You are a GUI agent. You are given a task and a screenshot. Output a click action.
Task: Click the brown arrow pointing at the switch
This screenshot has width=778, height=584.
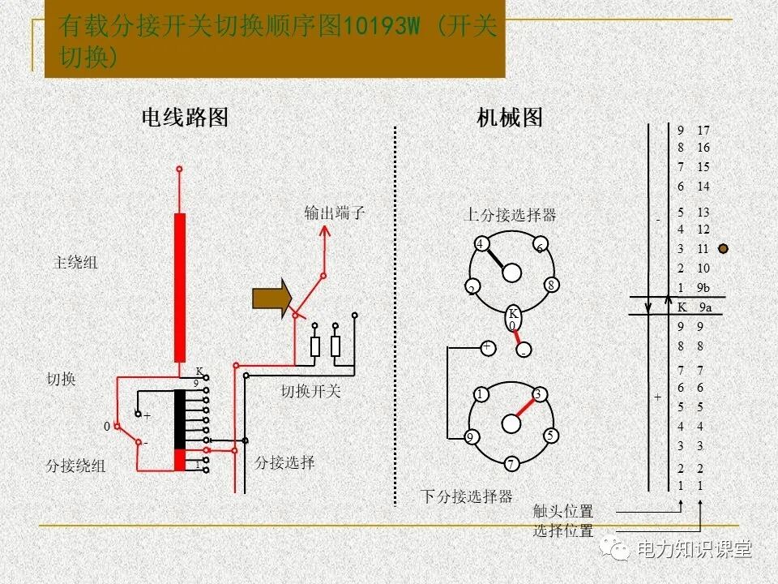coord(271,298)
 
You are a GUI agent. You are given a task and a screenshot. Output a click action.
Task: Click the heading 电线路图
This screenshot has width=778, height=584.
coord(185,118)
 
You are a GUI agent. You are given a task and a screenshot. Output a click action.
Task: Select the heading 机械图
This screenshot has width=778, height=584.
coord(510,118)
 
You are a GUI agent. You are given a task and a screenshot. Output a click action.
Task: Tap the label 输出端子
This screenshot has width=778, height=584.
coord(335,213)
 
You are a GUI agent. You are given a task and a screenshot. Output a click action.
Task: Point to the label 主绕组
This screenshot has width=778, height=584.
coord(75,263)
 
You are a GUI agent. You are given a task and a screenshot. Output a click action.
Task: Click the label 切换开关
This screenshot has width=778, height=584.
coord(311,392)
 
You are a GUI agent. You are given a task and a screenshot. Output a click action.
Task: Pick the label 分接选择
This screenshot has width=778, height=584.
coord(284,462)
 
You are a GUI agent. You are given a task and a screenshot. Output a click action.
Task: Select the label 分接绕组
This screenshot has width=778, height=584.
coord(75,466)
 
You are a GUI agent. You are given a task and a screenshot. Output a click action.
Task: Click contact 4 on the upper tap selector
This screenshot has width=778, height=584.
coord(481,244)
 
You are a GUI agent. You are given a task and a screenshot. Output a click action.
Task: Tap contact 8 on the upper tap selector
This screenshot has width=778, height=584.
coord(550,285)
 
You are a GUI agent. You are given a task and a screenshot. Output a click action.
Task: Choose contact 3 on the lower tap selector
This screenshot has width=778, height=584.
coord(537,394)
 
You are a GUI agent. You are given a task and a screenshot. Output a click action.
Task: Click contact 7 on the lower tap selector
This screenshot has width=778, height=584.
coord(511,464)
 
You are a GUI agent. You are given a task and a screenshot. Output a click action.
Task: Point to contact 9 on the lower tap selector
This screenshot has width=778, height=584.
coord(470,437)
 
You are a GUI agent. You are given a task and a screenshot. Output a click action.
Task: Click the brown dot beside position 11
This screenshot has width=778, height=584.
coord(724,249)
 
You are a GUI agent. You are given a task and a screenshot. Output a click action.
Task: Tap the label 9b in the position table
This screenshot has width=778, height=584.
coord(703,288)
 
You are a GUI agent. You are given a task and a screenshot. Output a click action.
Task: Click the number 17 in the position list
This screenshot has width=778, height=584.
coord(703,131)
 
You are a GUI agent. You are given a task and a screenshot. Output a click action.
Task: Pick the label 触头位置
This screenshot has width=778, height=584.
coord(563,512)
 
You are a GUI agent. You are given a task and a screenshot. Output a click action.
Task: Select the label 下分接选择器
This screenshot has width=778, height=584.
coord(467,496)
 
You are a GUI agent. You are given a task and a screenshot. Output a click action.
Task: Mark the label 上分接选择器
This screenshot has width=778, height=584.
coord(510,215)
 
